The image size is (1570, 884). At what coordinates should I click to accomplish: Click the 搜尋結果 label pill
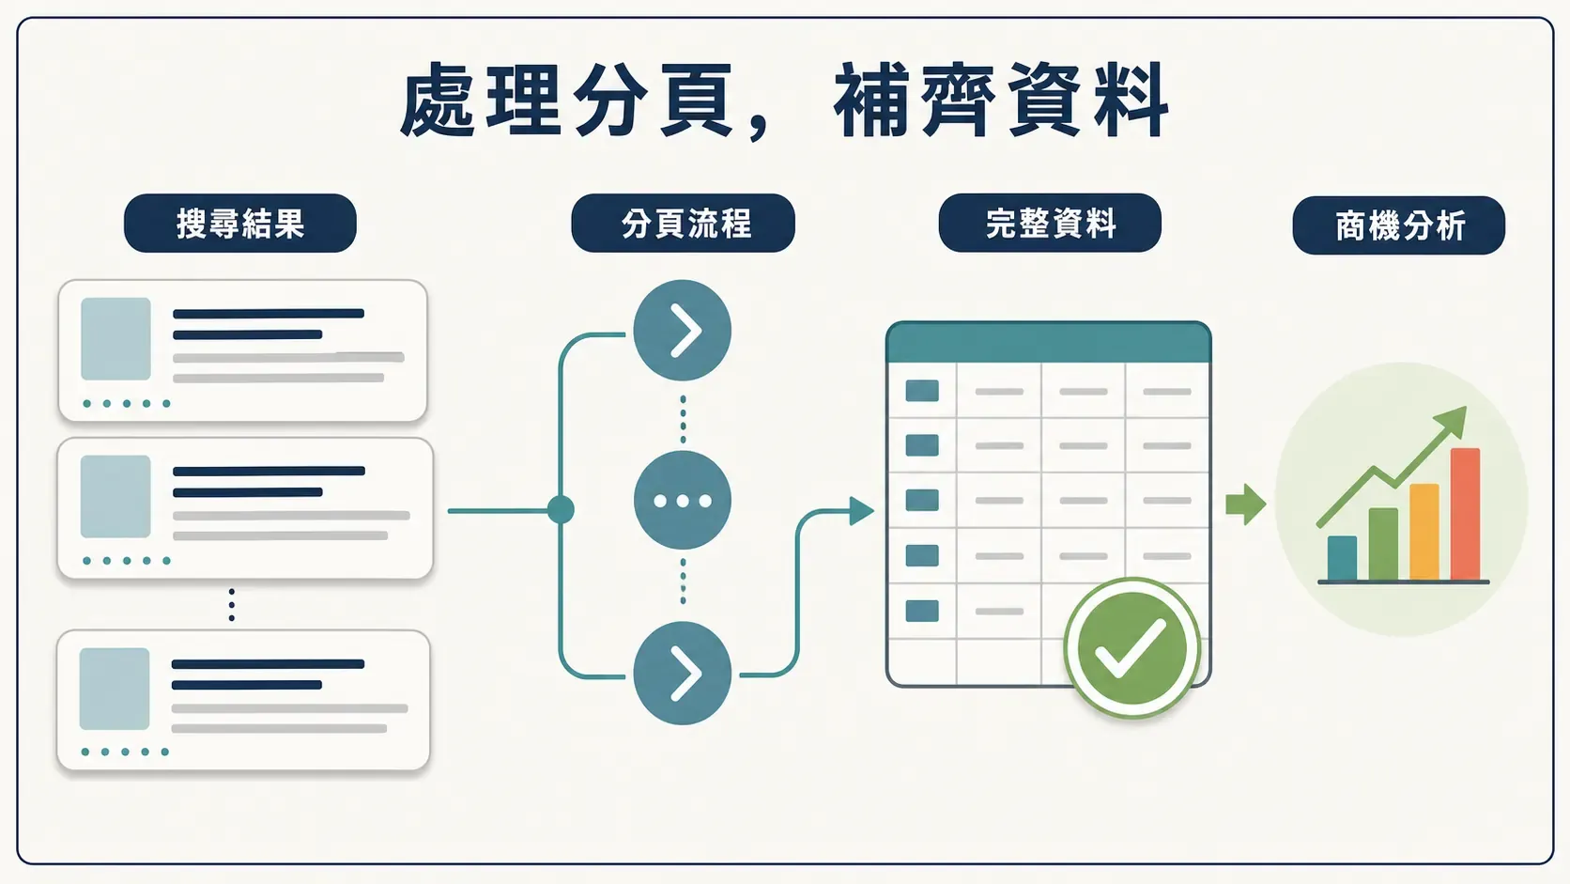coord(240,223)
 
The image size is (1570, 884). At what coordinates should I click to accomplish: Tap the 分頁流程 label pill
coord(683,223)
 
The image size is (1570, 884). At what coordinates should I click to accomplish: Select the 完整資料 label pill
coord(1050,223)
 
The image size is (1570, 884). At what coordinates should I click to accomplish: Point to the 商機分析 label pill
coord(1399,225)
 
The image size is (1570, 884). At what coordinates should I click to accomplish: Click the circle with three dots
coord(682,501)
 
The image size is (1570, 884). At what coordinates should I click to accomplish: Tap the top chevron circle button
coord(682,330)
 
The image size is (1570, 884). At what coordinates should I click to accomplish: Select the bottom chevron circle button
coord(682,673)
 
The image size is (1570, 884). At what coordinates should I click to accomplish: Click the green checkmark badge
coord(1131,648)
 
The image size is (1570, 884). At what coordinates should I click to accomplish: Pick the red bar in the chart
coord(1465,514)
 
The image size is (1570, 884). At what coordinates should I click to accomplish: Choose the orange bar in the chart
coord(1424,532)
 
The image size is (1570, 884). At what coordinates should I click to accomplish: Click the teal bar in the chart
coord(1342,558)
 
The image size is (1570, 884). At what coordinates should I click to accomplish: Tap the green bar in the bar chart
coord(1383,544)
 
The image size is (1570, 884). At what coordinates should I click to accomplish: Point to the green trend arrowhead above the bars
coord(1453,421)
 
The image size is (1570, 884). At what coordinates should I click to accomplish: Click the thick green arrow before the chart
coord(1245,504)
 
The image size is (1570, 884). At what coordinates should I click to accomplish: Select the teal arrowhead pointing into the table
coord(861,511)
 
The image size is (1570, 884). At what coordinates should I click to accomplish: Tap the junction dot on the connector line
coord(561,510)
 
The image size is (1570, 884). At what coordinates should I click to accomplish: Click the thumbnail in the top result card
coord(115,338)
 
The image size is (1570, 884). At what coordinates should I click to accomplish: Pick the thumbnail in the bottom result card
coord(115,689)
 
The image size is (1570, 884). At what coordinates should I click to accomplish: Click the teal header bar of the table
coord(1049,342)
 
